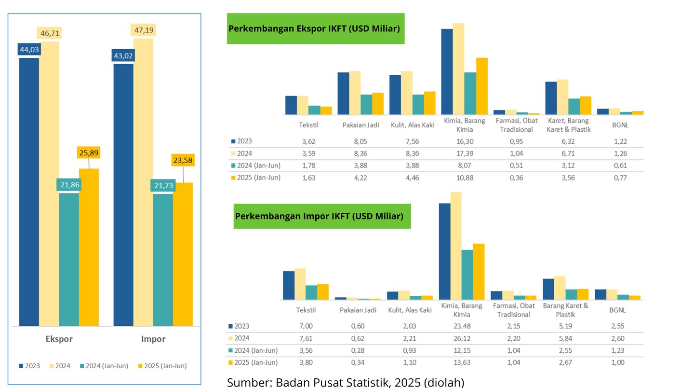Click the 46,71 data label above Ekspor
tap(49, 33)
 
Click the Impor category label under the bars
tap(153, 339)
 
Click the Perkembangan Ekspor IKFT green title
tap(314, 28)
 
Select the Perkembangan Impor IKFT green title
tap(319, 216)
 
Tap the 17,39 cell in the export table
tap(463, 153)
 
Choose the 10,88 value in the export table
tap(463, 177)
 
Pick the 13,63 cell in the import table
tap(462, 362)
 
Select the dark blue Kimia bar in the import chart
tap(444, 251)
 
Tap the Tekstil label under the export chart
tap(308, 125)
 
